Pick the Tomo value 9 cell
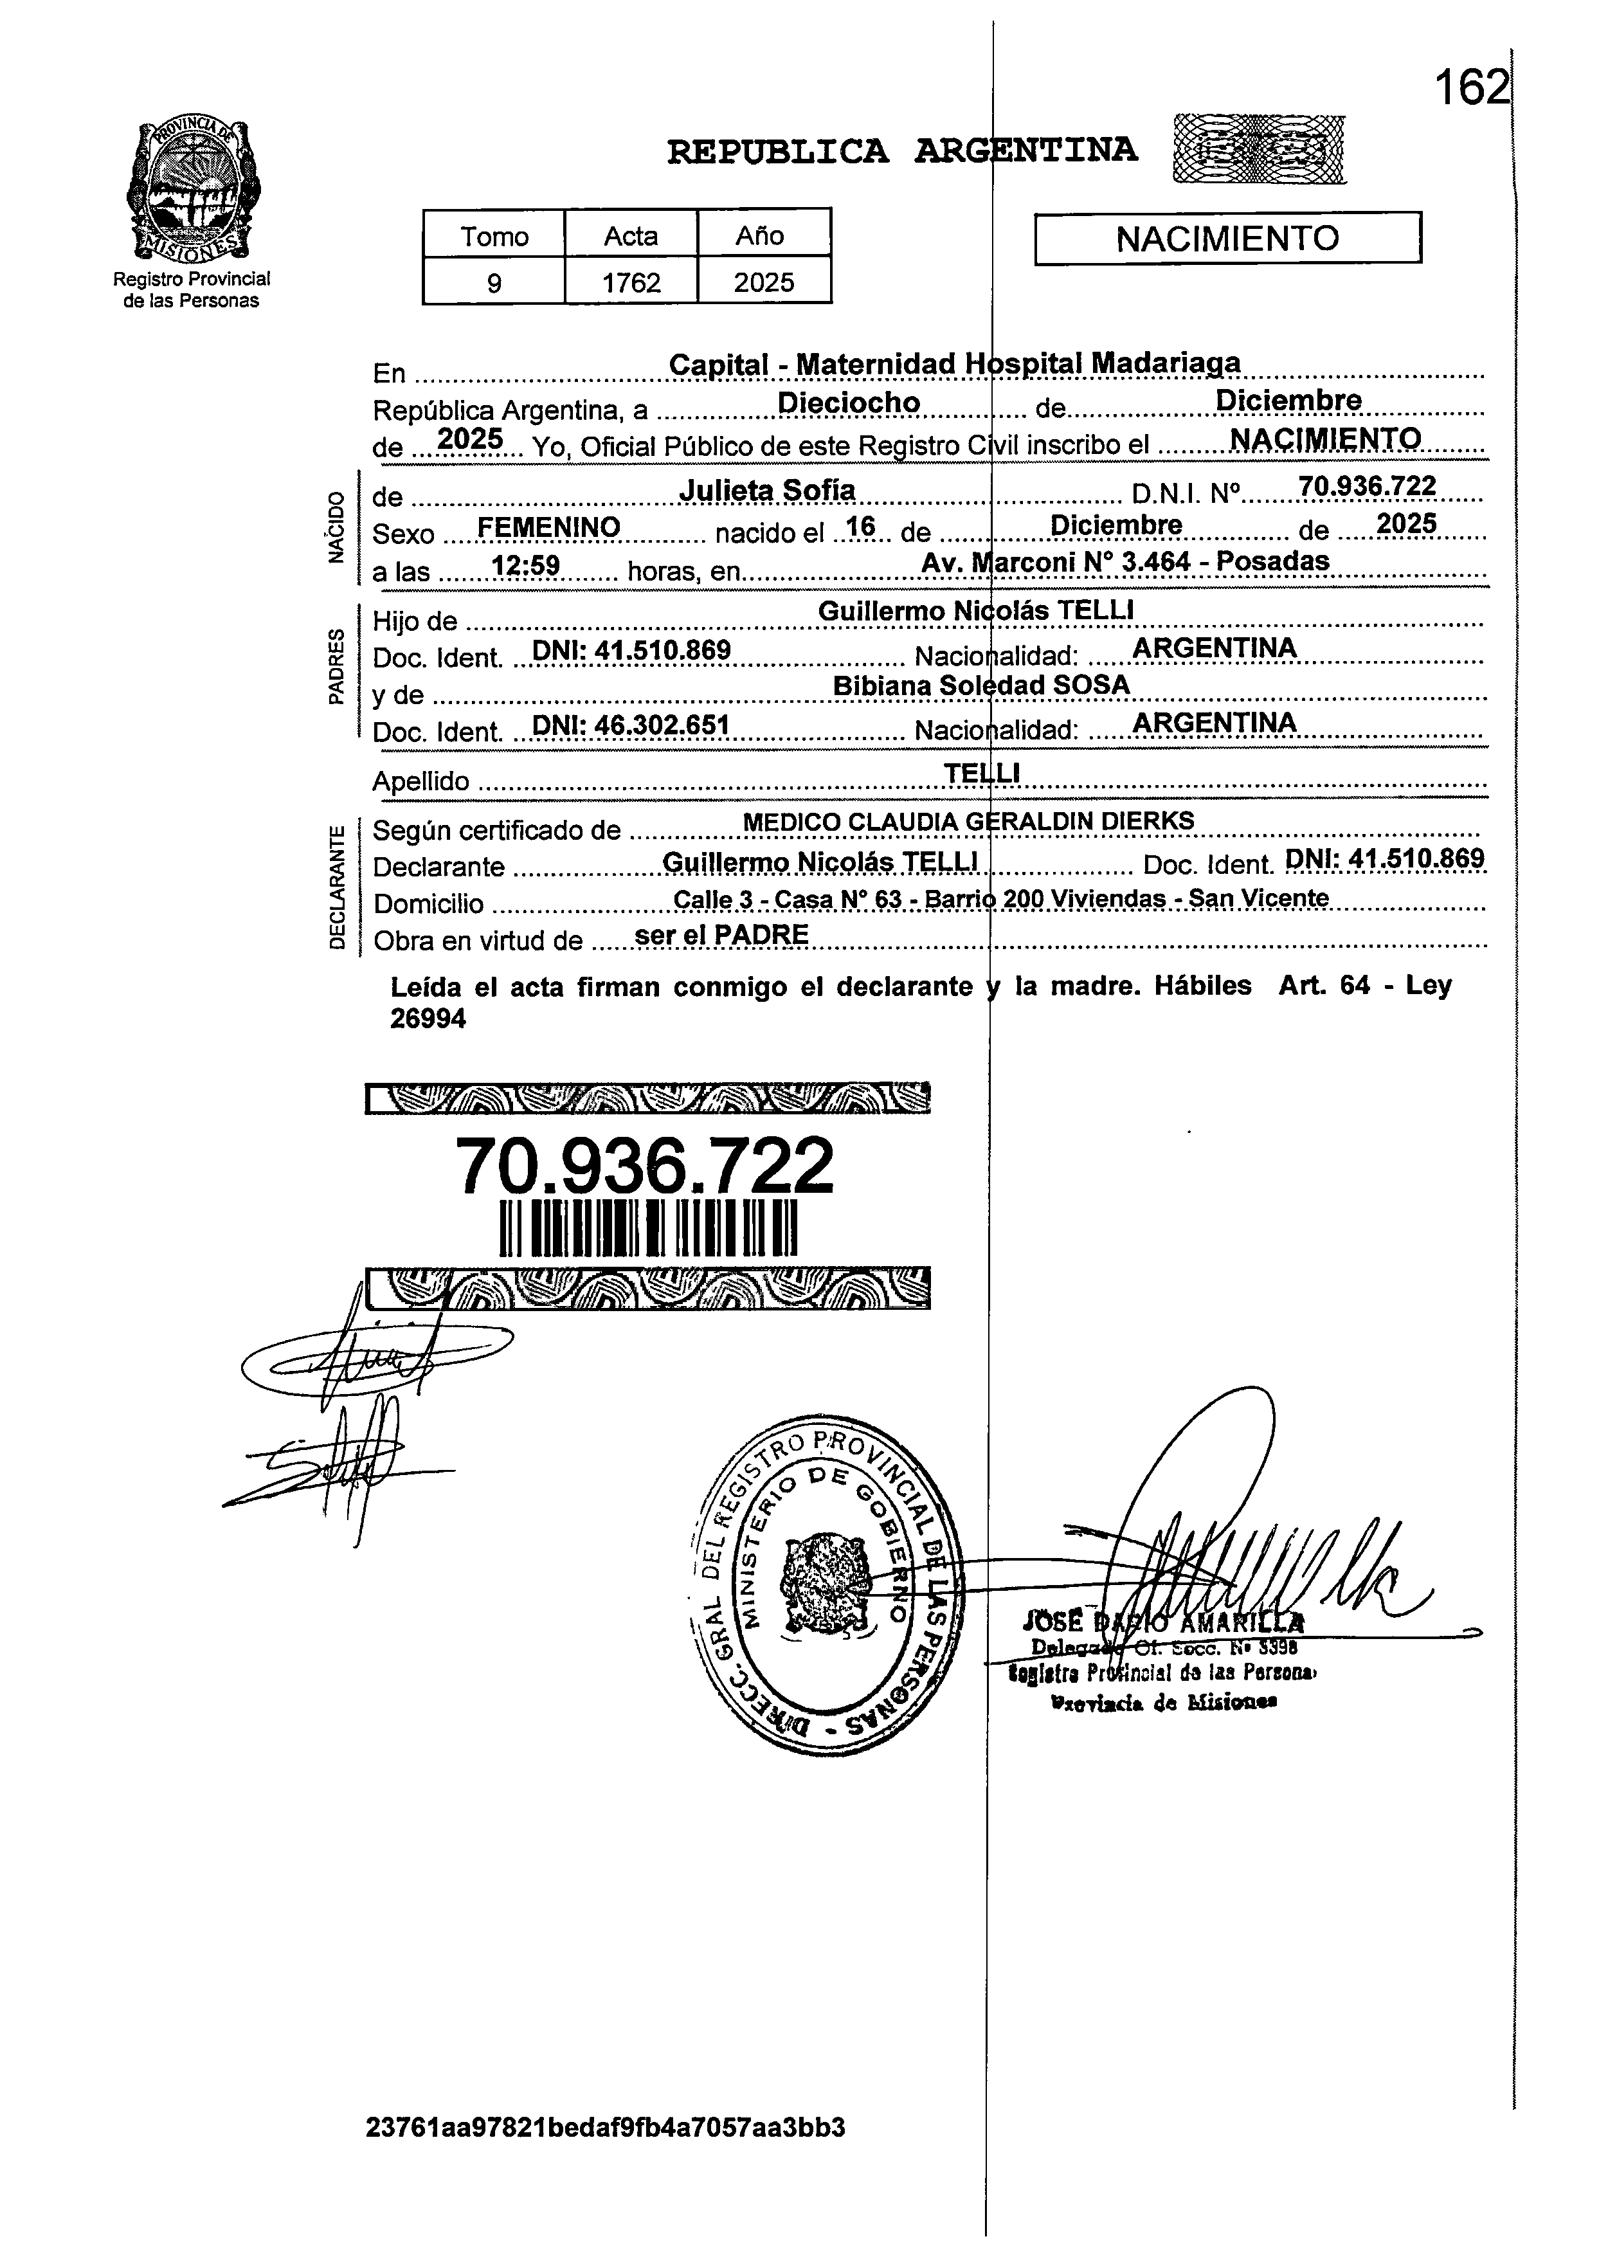493,283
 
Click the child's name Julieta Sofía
768,491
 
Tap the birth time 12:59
527,565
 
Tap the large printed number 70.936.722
645,1166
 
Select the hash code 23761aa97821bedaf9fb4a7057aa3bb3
605,2127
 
